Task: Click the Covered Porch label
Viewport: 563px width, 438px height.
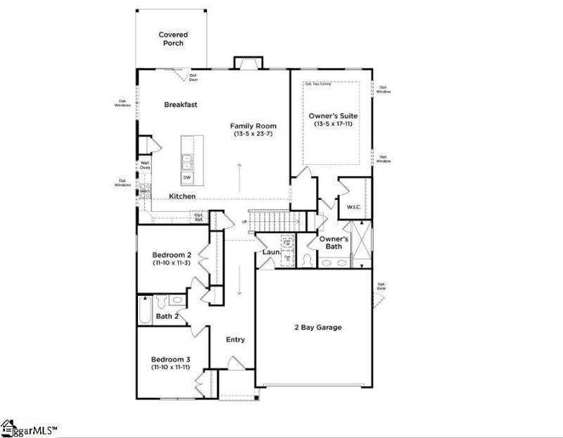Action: click(x=172, y=39)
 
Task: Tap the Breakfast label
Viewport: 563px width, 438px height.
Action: click(x=180, y=105)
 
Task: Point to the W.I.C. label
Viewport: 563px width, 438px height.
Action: click(x=353, y=207)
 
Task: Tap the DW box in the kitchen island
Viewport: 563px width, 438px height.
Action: click(x=188, y=177)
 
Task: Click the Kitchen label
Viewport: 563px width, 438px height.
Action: click(x=182, y=196)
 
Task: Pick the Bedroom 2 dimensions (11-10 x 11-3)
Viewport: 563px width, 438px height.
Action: click(x=172, y=263)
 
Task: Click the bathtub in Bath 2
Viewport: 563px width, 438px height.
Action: click(x=144, y=311)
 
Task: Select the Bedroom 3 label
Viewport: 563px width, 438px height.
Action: click(x=172, y=358)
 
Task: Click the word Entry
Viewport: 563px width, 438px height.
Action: click(x=235, y=339)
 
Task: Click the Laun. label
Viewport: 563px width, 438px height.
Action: click(x=272, y=251)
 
